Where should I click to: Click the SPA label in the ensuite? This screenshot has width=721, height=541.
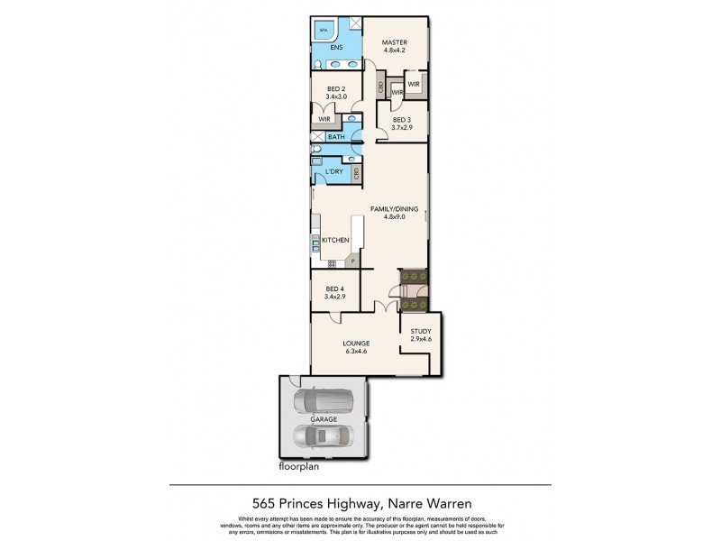(323, 30)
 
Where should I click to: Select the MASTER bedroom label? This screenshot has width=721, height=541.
(394, 42)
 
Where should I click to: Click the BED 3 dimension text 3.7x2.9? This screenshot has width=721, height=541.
(402, 128)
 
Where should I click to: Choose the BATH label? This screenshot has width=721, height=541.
(336, 137)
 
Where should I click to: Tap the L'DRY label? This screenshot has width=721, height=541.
(333, 171)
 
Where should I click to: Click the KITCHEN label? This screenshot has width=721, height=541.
(335, 240)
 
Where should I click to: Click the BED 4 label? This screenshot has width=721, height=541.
(334, 288)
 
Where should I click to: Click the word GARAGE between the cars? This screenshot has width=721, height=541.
(324, 420)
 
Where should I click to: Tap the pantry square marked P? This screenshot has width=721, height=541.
(353, 261)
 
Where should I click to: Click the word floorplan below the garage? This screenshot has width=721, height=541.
(299, 468)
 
